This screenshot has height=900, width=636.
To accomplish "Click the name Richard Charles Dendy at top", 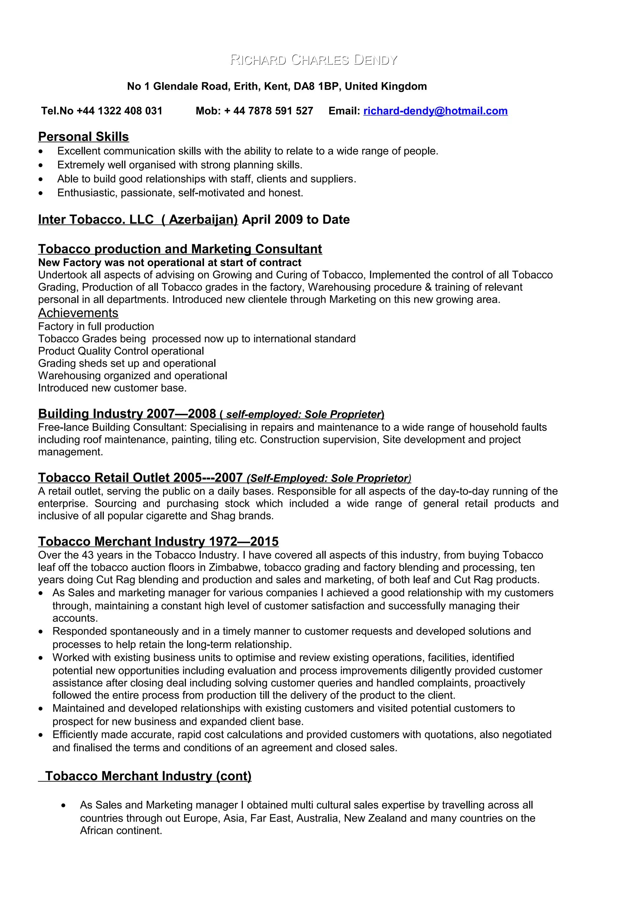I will [x=313, y=60].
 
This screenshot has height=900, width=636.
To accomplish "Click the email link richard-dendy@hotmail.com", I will [x=435, y=111].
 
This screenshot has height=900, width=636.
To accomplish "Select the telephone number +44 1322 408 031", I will [x=119, y=111].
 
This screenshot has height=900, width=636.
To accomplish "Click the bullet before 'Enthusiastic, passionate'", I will [x=41, y=193].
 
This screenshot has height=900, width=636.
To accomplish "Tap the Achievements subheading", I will [x=78, y=313].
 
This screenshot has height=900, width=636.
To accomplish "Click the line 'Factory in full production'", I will [x=96, y=326].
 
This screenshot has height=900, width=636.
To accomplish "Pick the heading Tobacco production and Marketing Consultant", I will [x=180, y=249].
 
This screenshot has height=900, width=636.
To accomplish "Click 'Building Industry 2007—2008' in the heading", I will [x=127, y=414].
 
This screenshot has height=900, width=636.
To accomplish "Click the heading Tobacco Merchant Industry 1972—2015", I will [x=158, y=541].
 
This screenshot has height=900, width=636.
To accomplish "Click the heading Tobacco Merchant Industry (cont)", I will [x=148, y=776].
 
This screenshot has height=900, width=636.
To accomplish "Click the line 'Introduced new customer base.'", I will [x=112, y=388].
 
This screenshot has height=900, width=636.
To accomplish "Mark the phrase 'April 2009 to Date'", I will [x=296, y=220].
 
